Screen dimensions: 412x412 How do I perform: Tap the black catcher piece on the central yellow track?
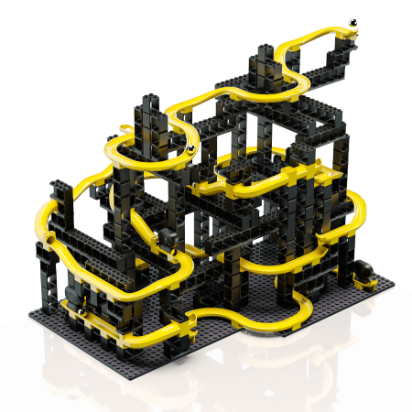(x=172, y=240)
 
